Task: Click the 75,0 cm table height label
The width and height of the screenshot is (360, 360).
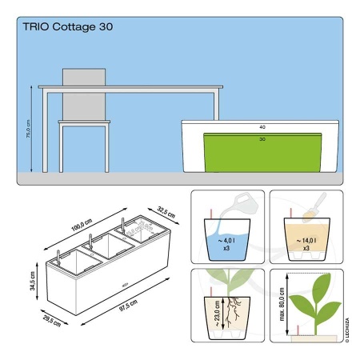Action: pyautogui.click(x=28, y=128)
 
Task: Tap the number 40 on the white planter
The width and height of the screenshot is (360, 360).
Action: pyautogui.click(x=262, y=127)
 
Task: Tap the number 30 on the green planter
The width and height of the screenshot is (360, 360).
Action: pyautogui.click(x=262, y=139)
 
